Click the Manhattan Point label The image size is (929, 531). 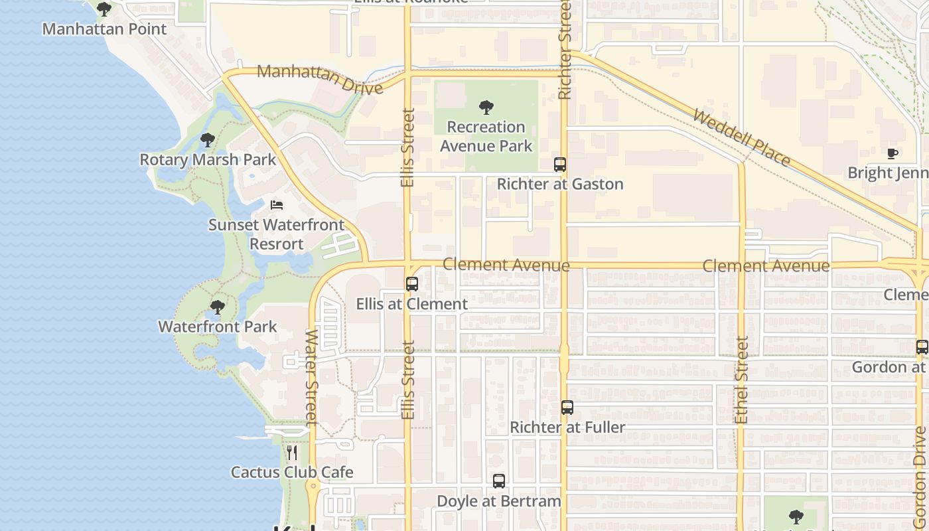point(104,29)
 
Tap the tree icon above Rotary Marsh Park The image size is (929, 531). point(208,140)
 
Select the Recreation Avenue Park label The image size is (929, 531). point(486,136)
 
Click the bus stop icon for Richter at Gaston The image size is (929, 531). point(560,164)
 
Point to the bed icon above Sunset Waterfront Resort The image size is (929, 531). point(277,205)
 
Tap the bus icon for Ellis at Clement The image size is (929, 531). point(412,284)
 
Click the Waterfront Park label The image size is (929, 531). point(218,327)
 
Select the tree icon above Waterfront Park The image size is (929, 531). point(217,307)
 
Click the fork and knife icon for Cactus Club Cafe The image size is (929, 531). point(292,453)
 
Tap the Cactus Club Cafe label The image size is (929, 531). point(292,473)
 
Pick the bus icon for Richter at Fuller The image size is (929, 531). point(567,408)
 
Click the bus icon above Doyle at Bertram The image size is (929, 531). point(499,481)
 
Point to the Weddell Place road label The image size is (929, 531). point(742,138)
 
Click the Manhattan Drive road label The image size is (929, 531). point(320,79)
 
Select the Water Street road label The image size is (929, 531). point(311,376)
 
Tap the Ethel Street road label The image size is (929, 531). point(742,380)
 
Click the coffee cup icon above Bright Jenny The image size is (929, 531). point(893,154)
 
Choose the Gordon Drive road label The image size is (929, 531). point(920,468)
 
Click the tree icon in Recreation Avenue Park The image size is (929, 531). point(486,107)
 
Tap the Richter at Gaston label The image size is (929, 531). point(560,185)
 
